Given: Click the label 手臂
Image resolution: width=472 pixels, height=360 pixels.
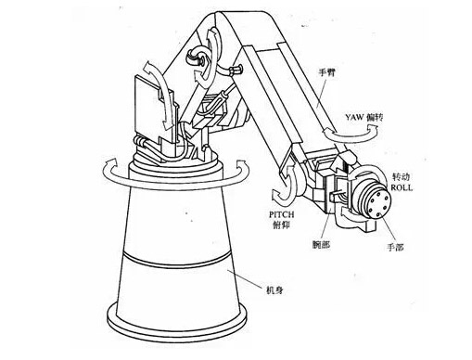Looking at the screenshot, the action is [326, 73].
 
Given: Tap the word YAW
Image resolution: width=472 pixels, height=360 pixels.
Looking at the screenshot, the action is [355, 118].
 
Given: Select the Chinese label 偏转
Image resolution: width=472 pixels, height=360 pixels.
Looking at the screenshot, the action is [375, 118].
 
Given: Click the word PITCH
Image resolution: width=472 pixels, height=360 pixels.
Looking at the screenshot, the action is [282, 214].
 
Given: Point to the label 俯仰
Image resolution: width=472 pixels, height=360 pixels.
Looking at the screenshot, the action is [281, 225].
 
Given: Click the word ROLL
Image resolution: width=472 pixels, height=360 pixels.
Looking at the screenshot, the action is [402, 187].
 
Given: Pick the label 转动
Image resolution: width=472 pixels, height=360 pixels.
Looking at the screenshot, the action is [401, 177].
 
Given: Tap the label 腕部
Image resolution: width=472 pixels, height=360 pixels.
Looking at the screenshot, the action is [321, 245].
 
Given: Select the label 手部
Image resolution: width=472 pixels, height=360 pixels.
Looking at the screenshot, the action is [395, 247].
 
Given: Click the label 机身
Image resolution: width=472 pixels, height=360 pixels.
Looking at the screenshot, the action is [274, 290].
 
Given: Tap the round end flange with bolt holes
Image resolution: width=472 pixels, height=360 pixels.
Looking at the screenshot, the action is [378, 203].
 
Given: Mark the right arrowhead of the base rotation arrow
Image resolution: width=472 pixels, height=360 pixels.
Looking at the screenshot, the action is [241, 165].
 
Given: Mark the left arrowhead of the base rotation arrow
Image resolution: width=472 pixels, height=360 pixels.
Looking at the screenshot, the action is [110, 163].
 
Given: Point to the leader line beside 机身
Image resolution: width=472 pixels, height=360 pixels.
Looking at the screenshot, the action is [246, 279].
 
